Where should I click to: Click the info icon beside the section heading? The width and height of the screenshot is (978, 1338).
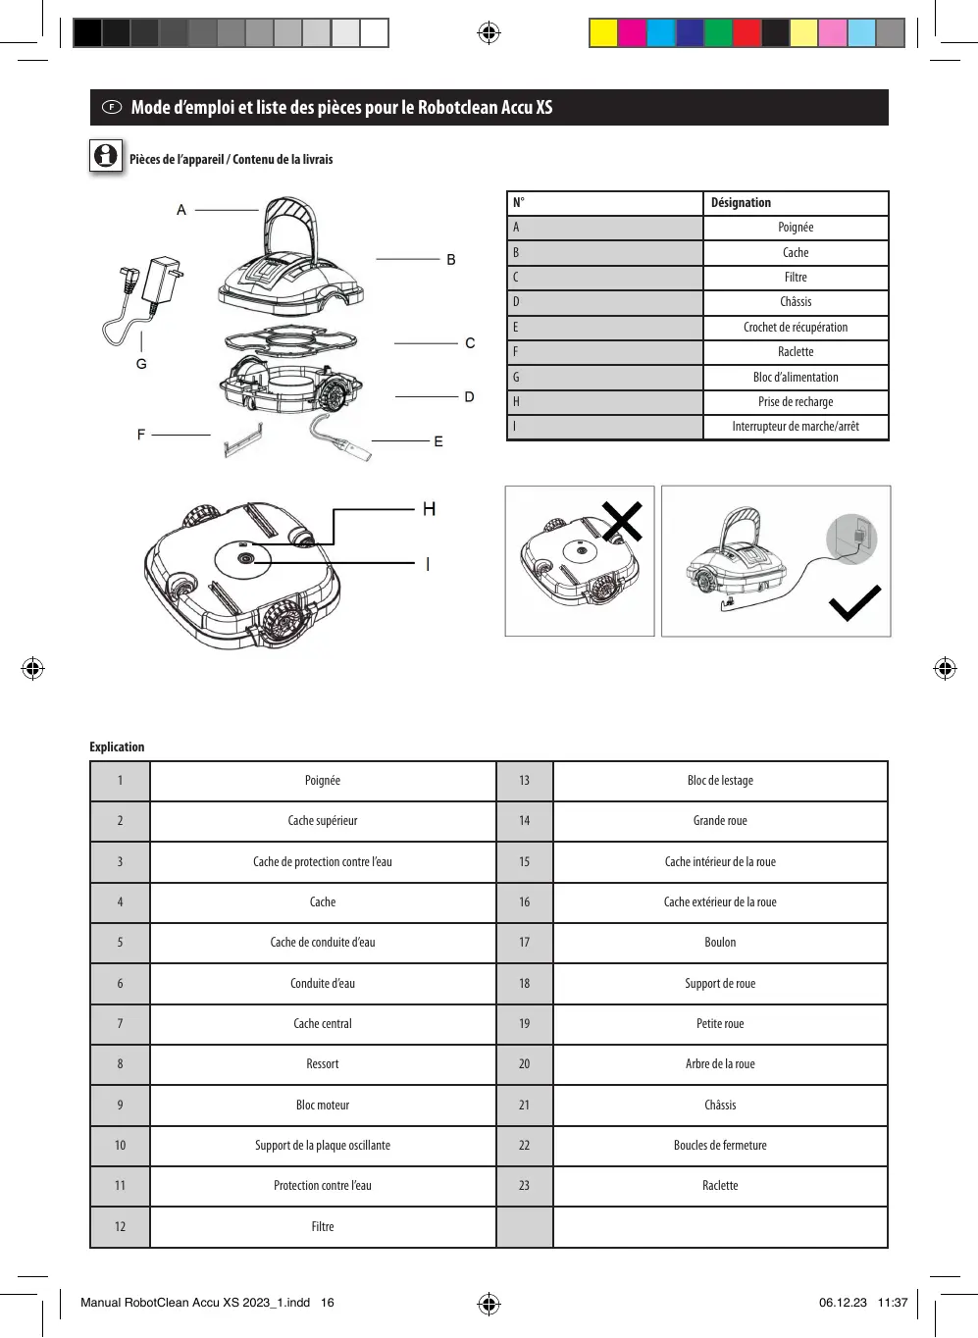(x=106, y=156)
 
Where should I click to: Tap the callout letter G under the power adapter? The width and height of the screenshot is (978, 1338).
(x=141, y=364)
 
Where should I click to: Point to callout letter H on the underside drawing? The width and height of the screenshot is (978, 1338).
(x=429, y=509)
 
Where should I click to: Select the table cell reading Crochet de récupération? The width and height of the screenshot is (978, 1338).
(x=796, y=328)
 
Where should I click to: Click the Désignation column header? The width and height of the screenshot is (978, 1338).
(x=741, y=203)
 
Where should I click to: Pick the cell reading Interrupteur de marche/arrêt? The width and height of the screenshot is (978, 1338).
(x=796, y=427)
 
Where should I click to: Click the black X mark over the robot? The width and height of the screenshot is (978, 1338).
(x=622, y=521)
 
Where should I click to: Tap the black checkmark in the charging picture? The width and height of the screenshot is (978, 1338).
(x=854, y=603)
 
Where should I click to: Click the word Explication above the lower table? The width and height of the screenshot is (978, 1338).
(x=117, y=747)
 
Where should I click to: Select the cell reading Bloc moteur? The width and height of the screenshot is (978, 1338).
(x=323, y=1106)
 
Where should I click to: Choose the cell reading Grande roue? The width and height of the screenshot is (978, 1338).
(x=720, y=821)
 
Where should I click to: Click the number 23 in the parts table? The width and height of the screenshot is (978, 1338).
(x=524, y=1186)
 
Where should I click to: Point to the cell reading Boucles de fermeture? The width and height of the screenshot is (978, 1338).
(x=720, y=1146)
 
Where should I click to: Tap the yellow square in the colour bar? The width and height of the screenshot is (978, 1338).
(x=603, y=33)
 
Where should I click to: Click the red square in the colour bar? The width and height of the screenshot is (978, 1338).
(x=746, y=33)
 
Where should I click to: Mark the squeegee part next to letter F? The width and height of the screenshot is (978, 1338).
(x=243, y=441)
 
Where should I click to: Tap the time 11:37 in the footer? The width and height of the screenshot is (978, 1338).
(x=893, y=1303)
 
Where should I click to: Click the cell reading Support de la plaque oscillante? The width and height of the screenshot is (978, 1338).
(x=323, y=1146)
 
